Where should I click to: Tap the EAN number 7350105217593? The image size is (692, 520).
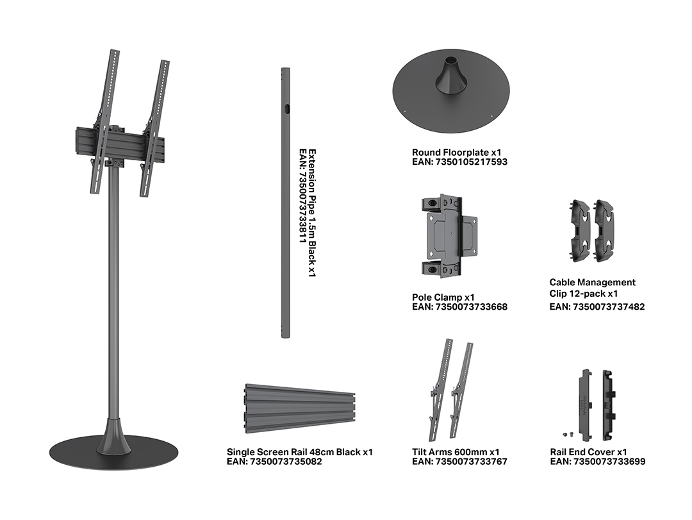coord(459,162)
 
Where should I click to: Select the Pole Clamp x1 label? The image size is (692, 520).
coord(443,298)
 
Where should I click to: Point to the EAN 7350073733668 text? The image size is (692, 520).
coord(459,306)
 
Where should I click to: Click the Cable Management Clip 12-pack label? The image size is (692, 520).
coord(592,288)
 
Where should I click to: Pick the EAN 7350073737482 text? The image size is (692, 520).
coord(597,306)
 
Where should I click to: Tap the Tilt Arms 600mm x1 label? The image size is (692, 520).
coord(456,452)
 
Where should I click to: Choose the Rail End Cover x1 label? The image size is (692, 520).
coord(588,452)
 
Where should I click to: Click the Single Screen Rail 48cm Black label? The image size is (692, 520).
coord(300,452)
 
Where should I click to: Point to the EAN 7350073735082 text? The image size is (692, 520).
coord(274,462)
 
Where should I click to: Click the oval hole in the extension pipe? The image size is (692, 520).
coord(287,109)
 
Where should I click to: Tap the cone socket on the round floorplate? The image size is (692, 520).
coord(450,76)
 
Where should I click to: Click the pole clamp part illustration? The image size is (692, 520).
coord(449,236)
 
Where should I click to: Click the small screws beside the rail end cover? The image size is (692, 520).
coord(568,434)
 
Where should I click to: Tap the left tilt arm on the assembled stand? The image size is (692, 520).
coord(104,121)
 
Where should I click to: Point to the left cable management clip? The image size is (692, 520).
coord(579,230)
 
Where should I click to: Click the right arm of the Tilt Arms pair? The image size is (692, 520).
coord(461,390)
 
